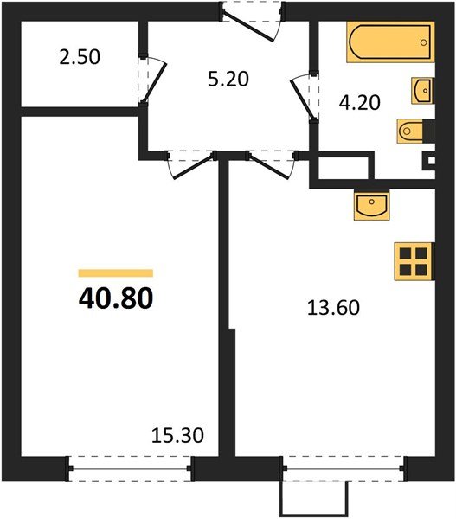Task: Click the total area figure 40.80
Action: [116, 298]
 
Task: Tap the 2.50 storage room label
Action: [80, 58]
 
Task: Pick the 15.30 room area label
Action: [178, 436]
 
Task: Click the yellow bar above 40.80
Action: [116, 272]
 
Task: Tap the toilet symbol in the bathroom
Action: [410, 131]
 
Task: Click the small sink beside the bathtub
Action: [422, 89]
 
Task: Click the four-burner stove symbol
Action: [414, 259]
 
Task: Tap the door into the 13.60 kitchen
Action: [269, 163]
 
